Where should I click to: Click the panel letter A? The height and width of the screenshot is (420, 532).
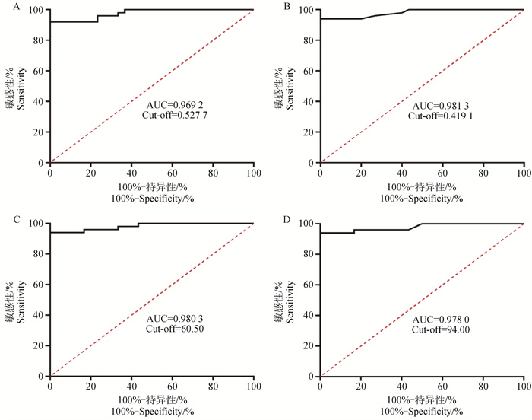tap(6, 6)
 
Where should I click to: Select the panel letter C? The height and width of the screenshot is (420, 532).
tap(6, 219)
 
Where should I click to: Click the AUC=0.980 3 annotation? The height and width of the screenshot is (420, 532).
tap(176, 318)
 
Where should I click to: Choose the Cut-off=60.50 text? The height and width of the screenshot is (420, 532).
tap(176, 329)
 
